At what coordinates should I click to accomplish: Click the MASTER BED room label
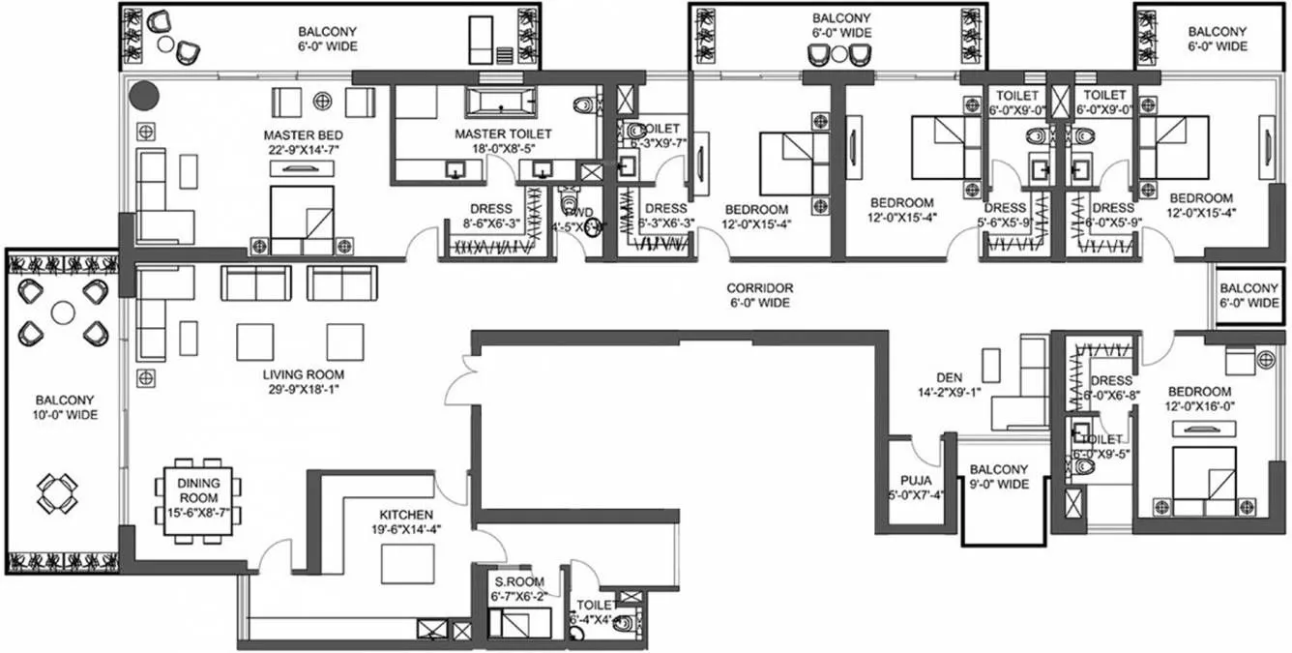coord(303,134)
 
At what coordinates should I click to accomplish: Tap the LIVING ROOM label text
coord(303,374)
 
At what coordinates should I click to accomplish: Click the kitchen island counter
coord(407,564)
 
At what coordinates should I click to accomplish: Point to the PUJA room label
coord(914,479)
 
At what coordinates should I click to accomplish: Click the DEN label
coord(949,377)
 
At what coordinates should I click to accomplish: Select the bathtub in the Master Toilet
coord(500,101)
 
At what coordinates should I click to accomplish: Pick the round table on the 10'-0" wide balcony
coord(63,312)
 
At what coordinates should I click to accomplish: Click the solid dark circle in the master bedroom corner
coord(144,95)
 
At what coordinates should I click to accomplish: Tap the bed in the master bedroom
coord(302,218)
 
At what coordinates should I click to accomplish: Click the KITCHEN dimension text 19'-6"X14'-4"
coord(406,529)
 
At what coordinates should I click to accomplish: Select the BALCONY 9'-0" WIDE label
coord(999,476)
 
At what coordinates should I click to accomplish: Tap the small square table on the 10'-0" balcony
coord(55,494)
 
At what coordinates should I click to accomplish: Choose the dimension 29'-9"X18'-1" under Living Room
coord(303,389)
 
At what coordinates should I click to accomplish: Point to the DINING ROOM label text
coord(198,483)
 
